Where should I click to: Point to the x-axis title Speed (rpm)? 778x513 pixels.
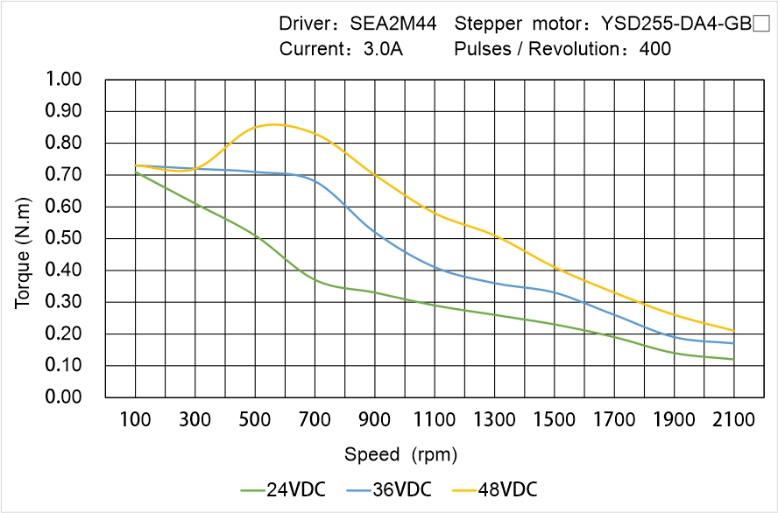click(400, 454)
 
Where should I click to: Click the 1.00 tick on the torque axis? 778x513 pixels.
click(62, 80)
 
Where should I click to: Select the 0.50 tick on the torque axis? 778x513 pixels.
click(62, 238)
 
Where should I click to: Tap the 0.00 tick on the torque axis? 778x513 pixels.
click(62, 397)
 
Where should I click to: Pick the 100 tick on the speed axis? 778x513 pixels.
click(135, 420)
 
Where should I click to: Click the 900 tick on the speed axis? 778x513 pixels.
click(375, 420)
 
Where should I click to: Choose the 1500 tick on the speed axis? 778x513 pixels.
click(555, 420)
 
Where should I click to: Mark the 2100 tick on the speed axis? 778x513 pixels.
click(734, 420)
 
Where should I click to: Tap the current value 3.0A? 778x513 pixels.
click(383, 49)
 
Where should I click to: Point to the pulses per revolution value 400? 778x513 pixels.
click(655, 49)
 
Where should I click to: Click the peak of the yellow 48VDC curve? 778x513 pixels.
click(273, 124)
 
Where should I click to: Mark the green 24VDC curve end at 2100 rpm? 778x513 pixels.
click(733, 359)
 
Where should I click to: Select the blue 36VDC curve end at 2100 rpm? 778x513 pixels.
click(733, 343)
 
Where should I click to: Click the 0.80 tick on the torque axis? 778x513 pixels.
click(62, 143)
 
